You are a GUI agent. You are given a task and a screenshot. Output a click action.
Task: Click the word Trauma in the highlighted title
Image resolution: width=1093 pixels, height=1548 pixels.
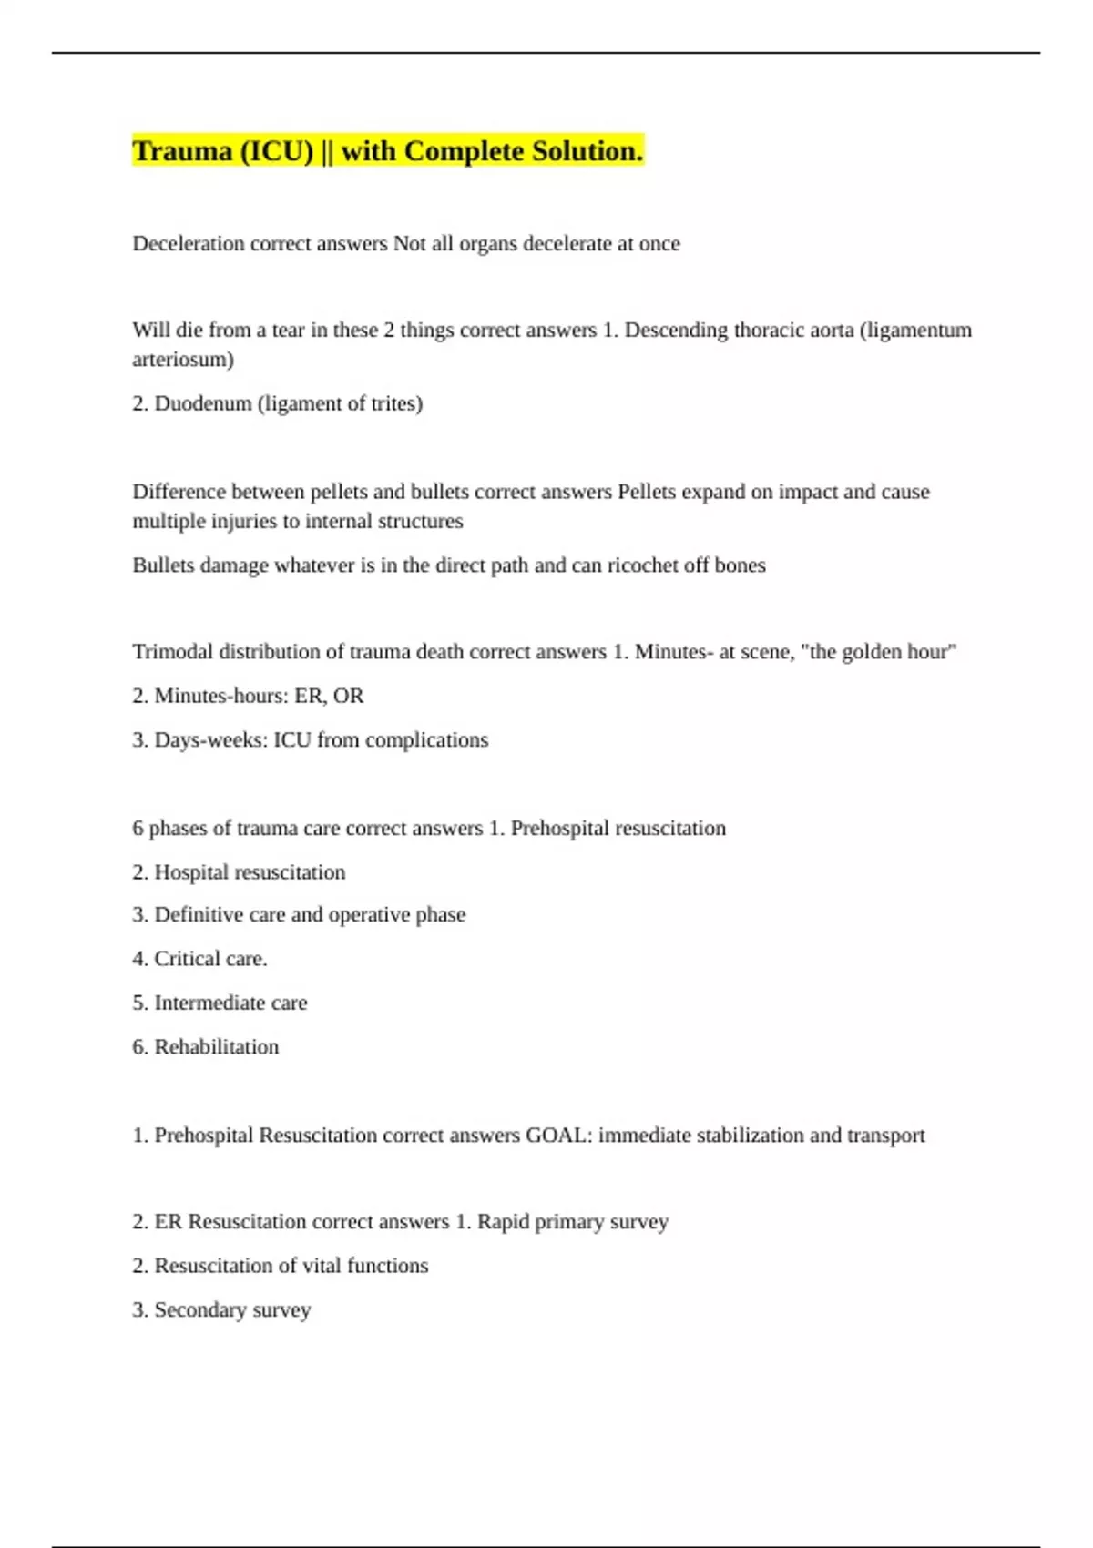click(x=182, y=151)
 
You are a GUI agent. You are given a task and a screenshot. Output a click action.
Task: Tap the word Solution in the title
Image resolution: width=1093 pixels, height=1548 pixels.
click(x=587, y=151)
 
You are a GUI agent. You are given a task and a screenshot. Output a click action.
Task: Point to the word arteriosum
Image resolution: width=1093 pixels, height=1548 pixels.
click(x=182, y=360)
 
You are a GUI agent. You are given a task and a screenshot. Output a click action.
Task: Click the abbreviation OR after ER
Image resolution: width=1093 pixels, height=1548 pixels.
click(x=348, y=696)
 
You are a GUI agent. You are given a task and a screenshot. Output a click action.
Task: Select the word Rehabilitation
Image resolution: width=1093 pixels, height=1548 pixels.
click(x=217, y=1047)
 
